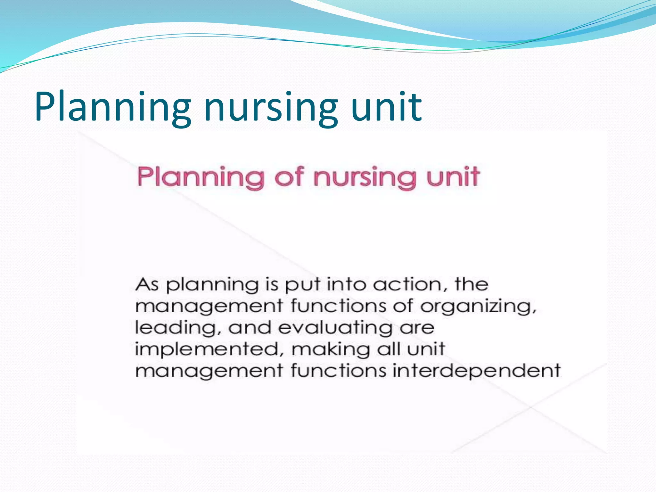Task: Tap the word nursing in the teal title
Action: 271,107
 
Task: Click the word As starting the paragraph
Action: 147,284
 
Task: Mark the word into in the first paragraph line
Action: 346,284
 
